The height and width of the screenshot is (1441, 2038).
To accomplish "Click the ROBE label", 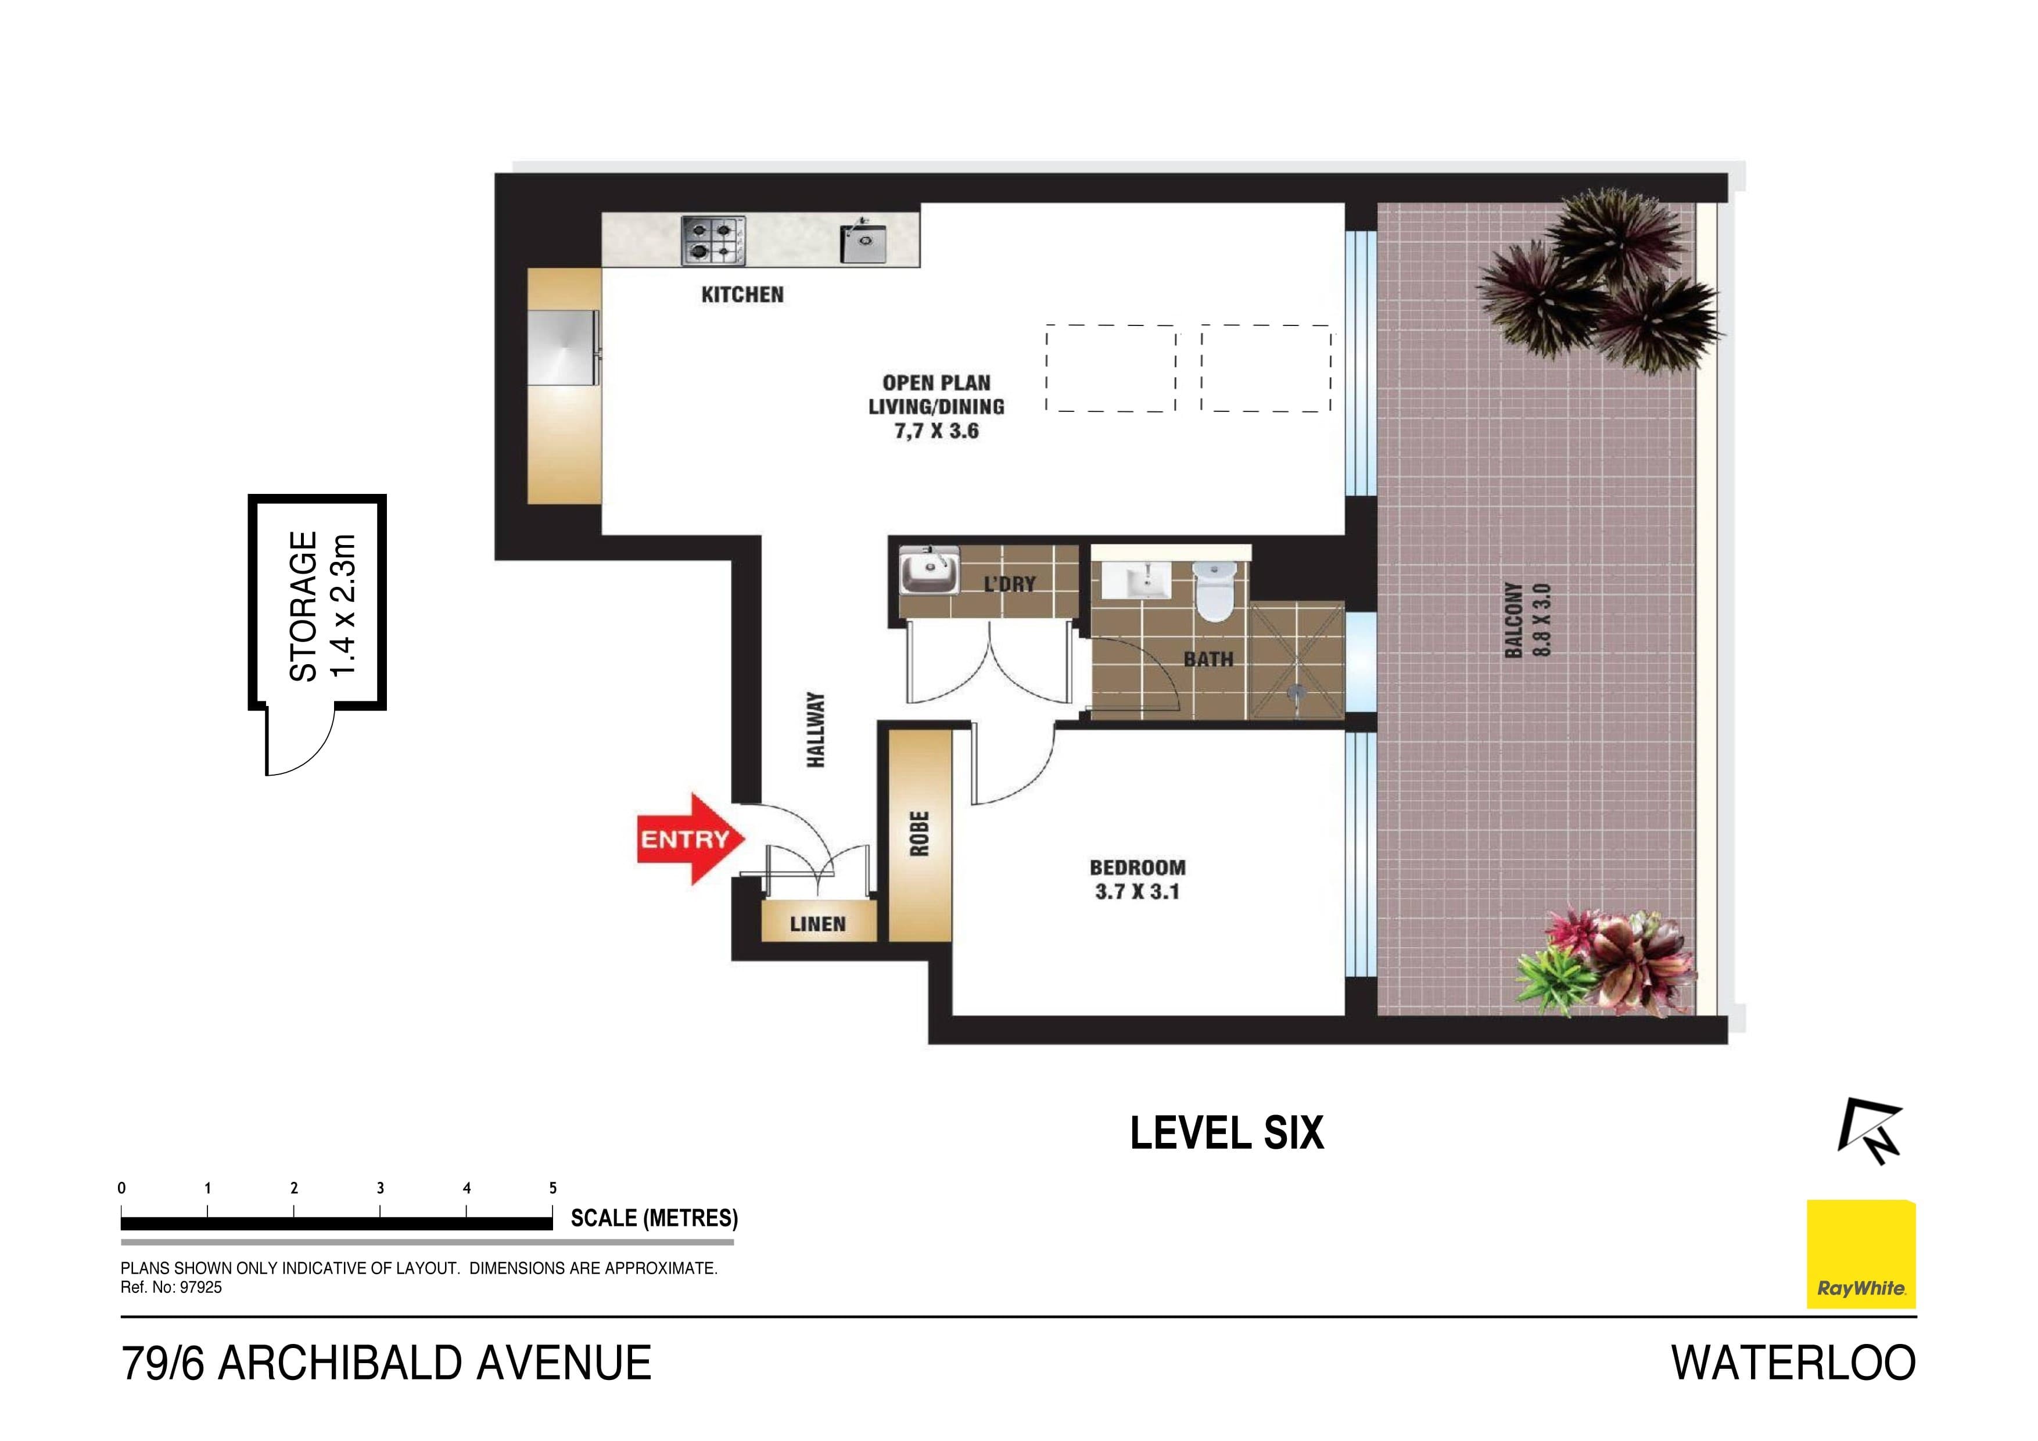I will (920, 834).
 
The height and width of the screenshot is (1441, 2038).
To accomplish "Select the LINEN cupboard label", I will (817, 924).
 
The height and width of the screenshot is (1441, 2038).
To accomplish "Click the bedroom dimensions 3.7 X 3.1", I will (1137, 891).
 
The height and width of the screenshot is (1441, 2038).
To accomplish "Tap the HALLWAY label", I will (816, 730).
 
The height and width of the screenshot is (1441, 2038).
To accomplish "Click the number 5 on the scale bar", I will (553, 1188).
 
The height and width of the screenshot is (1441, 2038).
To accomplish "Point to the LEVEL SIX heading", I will (1227, 1134).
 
